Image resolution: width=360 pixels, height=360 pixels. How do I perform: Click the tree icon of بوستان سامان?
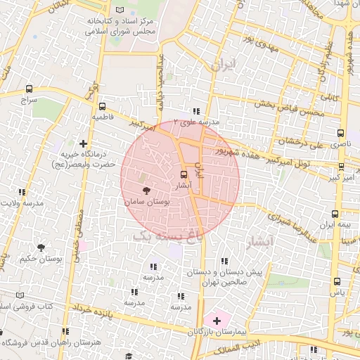[146, 191]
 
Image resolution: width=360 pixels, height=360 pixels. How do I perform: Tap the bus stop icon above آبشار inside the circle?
[184, 174]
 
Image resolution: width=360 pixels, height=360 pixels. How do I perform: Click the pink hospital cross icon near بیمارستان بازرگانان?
[217, 320]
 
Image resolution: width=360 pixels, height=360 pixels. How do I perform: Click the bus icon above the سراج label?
[29, 89]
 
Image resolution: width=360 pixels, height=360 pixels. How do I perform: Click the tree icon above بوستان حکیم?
[40, 247]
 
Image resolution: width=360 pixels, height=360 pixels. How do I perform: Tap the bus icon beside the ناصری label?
[341, 131]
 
